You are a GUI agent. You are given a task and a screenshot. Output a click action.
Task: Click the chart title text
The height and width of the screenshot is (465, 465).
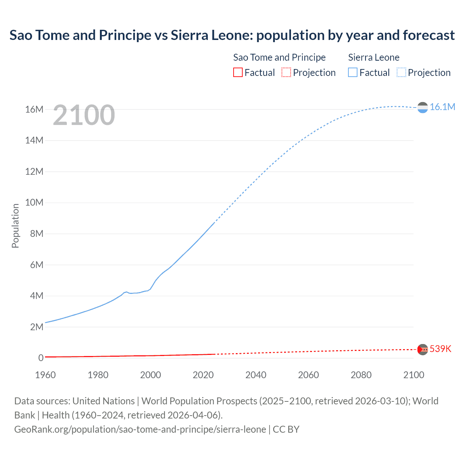(232, 35)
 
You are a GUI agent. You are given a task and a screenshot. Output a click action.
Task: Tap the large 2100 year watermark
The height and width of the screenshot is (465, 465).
(84, 115)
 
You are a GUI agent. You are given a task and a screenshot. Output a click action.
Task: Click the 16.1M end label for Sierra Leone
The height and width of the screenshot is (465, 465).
(442, 107)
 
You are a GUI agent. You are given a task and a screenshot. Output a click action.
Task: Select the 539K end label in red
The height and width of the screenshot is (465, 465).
(440, 349)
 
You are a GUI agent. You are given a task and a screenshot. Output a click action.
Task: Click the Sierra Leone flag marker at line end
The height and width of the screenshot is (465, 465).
(422, 108)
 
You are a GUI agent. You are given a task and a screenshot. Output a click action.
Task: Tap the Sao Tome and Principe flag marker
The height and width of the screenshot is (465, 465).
(422, 349)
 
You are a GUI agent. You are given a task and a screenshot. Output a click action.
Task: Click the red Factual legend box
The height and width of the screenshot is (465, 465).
(238, 73)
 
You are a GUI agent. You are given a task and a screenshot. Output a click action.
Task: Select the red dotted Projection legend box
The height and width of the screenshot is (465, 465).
(286, 73)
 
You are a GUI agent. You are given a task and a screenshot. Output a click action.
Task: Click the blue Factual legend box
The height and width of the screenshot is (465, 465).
(353, 73)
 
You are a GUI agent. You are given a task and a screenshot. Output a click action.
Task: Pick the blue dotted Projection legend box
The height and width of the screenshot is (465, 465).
(401, 73)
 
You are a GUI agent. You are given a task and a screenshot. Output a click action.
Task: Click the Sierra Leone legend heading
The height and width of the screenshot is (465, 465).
(373, 57)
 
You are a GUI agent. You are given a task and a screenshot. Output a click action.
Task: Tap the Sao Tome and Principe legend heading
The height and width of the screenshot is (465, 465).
(279, 57)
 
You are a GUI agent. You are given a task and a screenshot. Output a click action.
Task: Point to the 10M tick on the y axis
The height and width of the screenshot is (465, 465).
(34, 202)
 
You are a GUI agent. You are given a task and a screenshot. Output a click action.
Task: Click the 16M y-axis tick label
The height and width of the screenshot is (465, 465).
(34, 109)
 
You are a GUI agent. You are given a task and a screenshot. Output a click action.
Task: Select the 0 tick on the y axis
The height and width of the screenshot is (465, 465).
(41, 358)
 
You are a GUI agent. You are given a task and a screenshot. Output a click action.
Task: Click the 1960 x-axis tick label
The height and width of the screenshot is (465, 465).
(45, 375)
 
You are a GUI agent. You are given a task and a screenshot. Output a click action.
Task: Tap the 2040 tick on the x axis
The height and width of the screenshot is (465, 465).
(256, 375)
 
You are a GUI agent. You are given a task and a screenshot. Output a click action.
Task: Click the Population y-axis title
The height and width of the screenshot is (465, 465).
(15, 226)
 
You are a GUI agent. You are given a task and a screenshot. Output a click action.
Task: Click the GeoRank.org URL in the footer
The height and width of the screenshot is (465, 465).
(140, 429)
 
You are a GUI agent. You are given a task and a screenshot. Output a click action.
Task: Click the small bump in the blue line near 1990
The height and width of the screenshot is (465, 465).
(126, 292)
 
